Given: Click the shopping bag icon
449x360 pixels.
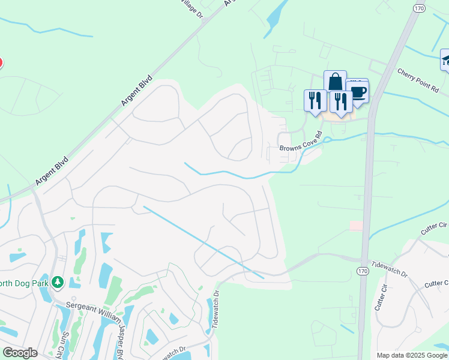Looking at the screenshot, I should [335, 83].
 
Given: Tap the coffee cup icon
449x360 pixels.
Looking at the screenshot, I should [358, 92].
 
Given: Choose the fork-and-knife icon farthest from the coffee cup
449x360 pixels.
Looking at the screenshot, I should [315, 100].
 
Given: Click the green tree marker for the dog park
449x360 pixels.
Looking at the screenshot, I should [58, 281].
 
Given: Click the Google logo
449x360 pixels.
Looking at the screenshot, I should [20, 353].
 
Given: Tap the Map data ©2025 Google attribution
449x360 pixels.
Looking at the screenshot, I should [412, 355].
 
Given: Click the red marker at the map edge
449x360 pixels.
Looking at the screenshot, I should [1, 62].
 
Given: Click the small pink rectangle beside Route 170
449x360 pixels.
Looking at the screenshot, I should [356, 225].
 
